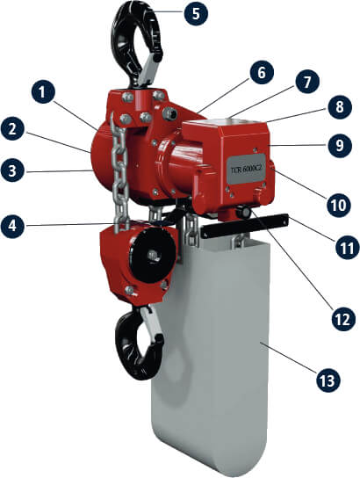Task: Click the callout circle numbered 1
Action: point(43,92)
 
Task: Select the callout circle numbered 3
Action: point(12,170)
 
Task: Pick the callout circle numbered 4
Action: point(12,226)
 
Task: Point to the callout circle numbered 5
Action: point(196,13)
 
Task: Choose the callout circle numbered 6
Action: point(262,73)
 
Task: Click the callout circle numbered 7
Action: point(307,81)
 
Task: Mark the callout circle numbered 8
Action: point(340,106)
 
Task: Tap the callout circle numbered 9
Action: point(340,145)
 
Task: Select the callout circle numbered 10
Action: point(340,205)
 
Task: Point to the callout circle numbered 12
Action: point(343,318)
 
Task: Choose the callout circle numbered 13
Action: point(328,380)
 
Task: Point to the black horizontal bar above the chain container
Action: point(243,227)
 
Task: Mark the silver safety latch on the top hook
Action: point(149,71)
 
